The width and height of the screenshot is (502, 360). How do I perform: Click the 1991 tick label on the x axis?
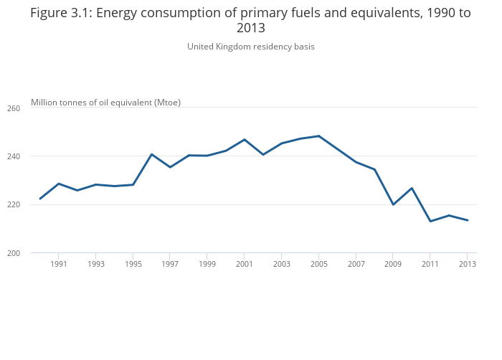pos(59,264)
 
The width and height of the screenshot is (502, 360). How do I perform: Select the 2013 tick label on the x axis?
pos(467,264)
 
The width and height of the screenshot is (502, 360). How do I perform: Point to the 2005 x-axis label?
pos(318,264)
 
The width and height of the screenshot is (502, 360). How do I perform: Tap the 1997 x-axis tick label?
pos(170,264)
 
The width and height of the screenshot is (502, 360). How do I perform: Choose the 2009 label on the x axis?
pos(393,264)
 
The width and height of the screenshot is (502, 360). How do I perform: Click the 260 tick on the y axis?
pos(14,108)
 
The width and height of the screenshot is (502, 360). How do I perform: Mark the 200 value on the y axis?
pos(14,253)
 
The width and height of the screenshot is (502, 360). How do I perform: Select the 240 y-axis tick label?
pos(14,156)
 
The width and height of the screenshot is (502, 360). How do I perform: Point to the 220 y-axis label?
pos(14,204)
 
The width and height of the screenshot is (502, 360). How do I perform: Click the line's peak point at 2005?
pos(318,136)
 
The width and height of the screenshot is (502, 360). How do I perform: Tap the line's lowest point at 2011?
pos(430,221)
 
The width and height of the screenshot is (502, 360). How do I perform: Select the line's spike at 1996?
pos(151,154)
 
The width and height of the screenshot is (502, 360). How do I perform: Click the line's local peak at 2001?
pos(245,140)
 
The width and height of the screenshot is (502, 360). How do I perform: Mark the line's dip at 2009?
pos(393,204)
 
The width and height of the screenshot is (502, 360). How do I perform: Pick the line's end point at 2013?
pos(468,220)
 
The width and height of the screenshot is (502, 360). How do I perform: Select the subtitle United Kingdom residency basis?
pos(251,47)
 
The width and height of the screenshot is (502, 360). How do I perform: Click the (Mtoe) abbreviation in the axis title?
pos(167,103)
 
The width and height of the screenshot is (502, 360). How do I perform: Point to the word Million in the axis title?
pos(44,103)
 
